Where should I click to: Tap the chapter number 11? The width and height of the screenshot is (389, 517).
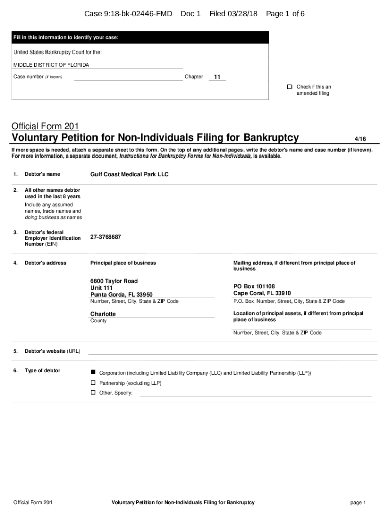[217, 77]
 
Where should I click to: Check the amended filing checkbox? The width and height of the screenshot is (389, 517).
[290, 87]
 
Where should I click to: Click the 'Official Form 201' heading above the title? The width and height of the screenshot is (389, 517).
[45, 126]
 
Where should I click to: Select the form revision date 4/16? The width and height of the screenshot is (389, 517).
[360, 139]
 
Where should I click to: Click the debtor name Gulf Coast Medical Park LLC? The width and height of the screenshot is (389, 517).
[129, 174]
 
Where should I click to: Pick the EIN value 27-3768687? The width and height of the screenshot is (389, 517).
[106, 237]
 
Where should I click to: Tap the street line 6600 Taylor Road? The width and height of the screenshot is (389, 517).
[114, 281]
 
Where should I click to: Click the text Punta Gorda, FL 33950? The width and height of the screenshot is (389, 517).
[121, 295]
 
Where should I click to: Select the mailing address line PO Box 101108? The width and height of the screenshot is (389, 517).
[254, 286]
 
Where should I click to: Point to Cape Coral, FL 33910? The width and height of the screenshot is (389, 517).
[262, 293]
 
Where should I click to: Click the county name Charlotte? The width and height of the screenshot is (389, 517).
[103, 314]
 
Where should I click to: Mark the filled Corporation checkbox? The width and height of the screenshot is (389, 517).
[93, 372]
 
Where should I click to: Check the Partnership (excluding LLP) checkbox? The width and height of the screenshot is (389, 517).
[93, 383]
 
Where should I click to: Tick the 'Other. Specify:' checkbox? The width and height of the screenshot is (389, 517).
[93, 392]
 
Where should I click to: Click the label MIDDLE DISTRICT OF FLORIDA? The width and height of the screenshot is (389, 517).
[51, 65]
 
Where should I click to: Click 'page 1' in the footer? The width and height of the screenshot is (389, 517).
[357, 502]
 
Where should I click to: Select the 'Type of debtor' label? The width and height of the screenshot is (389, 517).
[42, 371]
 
